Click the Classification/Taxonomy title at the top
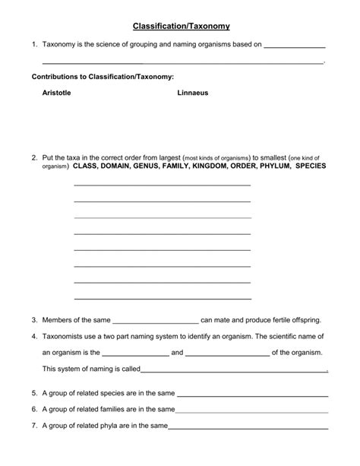click(180, 26)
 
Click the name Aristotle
click(57, 93)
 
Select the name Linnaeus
click(193, 93)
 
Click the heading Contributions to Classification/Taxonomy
click(103, 77)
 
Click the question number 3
click(35, 320)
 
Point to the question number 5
click(35, 393)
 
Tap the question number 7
click(35, 426)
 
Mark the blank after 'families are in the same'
click(252, 411)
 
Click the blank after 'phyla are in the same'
click(248, 428)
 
